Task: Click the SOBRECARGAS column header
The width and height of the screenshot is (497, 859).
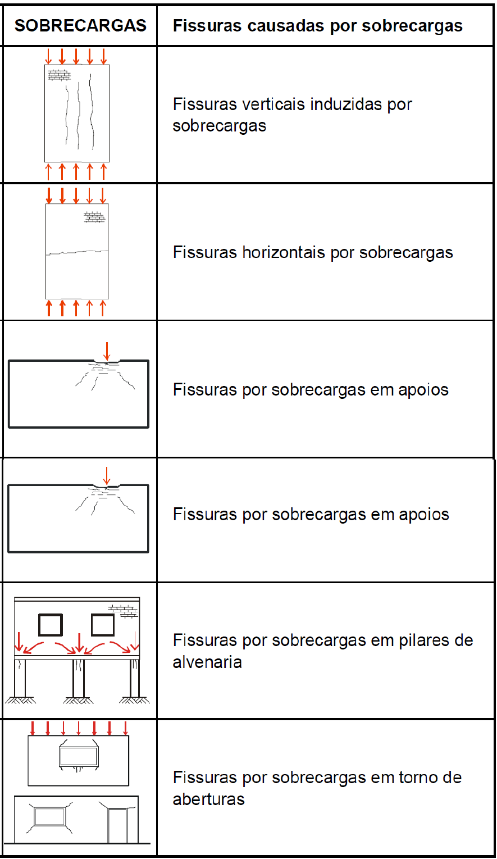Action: (x=80, y=25)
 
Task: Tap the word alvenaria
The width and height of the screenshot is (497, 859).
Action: (x=207, y=662)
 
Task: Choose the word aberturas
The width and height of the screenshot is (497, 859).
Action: (x=208, y=799)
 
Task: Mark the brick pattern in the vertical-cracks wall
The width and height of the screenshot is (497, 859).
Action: (x=59, y=75)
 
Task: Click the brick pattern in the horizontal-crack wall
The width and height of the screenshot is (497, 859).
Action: (x=94, y=217)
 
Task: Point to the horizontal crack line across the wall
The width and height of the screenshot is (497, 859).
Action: (x=77, y=252)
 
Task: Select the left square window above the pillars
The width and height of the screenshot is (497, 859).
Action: (x=50, y=625)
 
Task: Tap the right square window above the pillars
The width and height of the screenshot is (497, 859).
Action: (x=103, y=625)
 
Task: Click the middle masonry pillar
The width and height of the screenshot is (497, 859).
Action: (x=79, y=677)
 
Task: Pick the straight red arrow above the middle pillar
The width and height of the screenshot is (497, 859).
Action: (x=79, y=642)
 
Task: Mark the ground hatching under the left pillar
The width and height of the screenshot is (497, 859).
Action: (x=20, y=700)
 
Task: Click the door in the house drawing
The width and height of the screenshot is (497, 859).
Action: (x=117, y=825)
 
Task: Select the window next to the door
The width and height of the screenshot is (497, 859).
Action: (x=49, y=816)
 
